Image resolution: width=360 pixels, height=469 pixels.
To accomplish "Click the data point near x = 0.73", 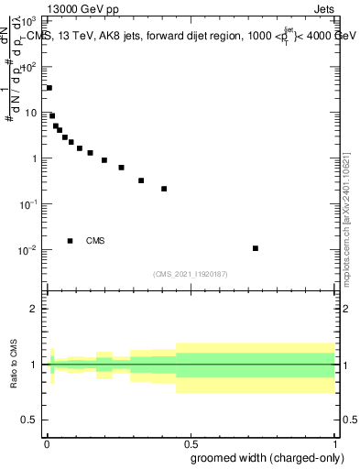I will coord(256,248).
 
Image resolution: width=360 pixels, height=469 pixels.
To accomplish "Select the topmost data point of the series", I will coord(49,88).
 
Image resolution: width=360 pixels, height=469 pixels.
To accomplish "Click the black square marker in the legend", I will coord(71,241).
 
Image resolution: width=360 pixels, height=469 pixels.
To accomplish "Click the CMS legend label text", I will coord(95,241).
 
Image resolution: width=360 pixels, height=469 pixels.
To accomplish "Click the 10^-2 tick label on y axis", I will coord(28,250).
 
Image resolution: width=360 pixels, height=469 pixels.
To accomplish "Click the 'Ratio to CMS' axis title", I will coord(15,364).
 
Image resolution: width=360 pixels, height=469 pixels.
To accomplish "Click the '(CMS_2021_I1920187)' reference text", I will coord(191,274).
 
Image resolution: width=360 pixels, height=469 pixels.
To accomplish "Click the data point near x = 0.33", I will coord(141,180).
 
